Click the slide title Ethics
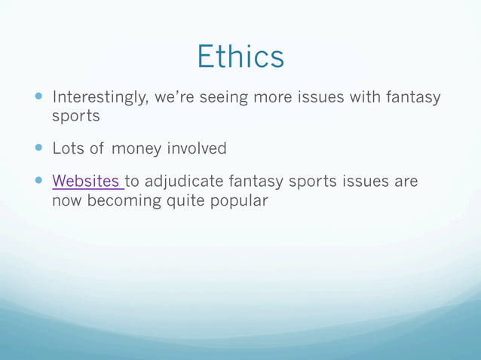pos(240,56)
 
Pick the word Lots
pos(68,149)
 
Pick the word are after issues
pos(404,182)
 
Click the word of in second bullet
pos(97,149)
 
